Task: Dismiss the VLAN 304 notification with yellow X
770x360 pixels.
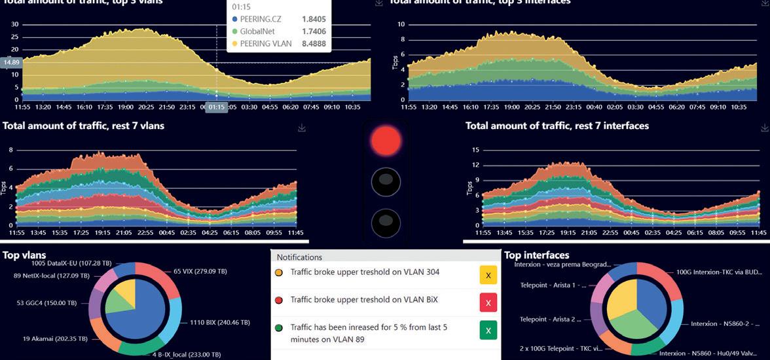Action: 488,276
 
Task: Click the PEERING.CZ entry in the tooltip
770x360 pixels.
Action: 261,19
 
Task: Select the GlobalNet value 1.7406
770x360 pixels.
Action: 313,31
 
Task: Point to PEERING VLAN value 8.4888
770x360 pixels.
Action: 313,45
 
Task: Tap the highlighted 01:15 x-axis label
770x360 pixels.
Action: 217,107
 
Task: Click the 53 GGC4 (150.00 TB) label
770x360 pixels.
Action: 46,303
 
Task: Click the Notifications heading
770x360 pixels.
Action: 299,257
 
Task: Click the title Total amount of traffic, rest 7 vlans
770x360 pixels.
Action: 83,126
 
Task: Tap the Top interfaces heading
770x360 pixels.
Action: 536,255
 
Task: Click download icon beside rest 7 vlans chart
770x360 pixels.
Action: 302,128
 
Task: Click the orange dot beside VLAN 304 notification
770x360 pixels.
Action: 279,272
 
